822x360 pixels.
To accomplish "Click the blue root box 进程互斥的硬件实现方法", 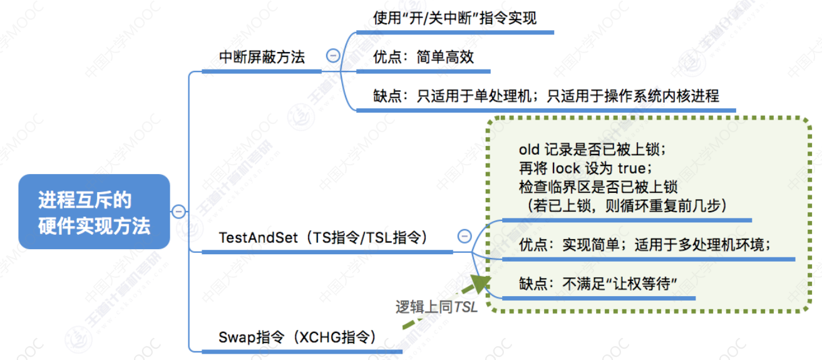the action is coord(94,212).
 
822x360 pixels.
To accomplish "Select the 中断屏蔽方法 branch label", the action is coord(262,57).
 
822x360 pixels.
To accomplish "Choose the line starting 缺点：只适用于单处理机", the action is coord(545,96).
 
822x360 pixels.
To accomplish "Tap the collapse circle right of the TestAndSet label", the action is coord(465,236).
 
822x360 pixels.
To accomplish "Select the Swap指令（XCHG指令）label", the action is coord(297,338).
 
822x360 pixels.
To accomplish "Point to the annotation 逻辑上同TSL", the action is coord(436,307).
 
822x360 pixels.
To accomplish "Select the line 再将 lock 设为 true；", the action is coord(586,168).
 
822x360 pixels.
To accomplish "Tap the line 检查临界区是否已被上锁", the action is coord(599,187).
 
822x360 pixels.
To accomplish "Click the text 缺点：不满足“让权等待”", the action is coord(600,284).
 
